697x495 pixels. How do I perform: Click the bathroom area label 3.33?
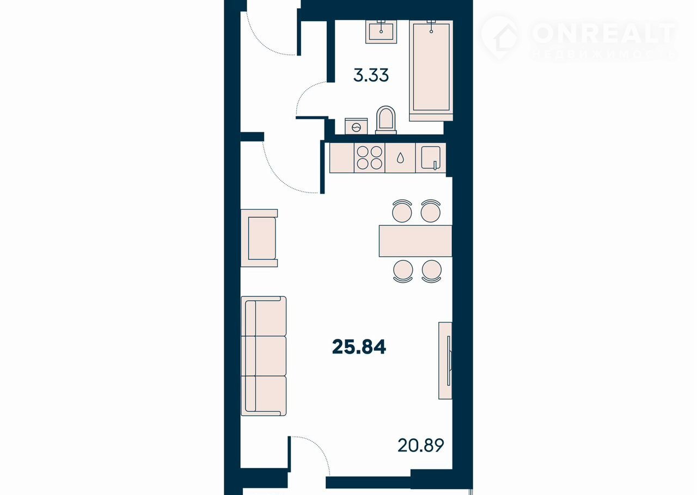(x=371, y=75)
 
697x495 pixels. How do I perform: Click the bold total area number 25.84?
(x=359, y=346)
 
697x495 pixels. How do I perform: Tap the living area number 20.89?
(x=421, y=445)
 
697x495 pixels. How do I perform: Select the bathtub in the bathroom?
(x=431, y=71)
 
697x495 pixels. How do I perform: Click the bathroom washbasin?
(x=381, y=32)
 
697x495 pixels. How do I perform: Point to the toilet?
(x=386, y=120)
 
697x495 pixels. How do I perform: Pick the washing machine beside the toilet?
(x=356, y=126)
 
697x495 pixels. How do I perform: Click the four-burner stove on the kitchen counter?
(x=369, y=158)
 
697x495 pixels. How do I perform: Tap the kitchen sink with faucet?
(x=431, y=158)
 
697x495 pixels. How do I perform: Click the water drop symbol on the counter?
(x=400, y=158)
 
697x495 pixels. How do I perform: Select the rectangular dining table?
(x=415, y=241)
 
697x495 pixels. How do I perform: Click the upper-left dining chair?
(x=402, y=211)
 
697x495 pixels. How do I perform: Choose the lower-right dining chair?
(x=432, y=271)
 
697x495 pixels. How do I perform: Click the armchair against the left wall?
(x=259, y=238)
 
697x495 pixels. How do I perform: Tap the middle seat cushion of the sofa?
(x=264, y=356)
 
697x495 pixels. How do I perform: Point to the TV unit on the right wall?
(x=445, y=360)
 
